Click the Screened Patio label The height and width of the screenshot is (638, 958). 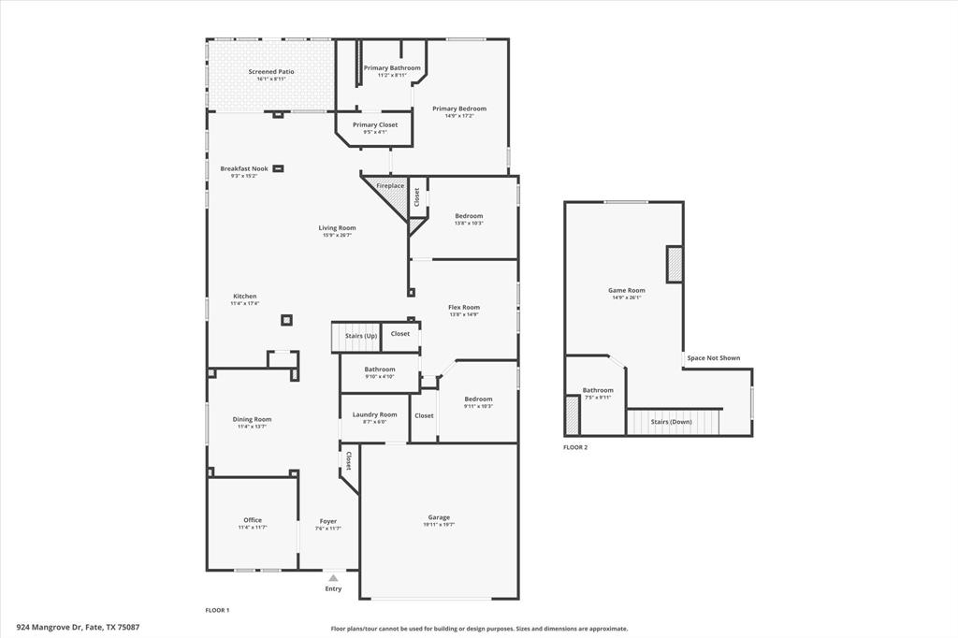270,72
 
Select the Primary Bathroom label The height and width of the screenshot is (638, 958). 392,68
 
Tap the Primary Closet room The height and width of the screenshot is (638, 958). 374,128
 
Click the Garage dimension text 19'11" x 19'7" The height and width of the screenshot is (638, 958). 439,525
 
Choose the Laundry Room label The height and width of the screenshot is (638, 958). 374,414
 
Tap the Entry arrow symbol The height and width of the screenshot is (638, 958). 333,578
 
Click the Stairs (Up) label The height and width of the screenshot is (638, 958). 361,335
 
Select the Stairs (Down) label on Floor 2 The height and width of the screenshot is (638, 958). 671,422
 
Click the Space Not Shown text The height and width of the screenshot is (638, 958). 713,357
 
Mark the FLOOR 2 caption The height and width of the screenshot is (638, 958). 575,447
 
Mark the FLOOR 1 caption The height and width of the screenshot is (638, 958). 217,610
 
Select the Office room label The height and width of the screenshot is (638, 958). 253,520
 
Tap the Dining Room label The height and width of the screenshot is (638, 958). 252,419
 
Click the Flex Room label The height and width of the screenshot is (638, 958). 464,307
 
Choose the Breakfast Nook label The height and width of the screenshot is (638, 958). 244,168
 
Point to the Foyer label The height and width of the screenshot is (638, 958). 327,521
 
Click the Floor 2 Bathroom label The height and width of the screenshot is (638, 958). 598,390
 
